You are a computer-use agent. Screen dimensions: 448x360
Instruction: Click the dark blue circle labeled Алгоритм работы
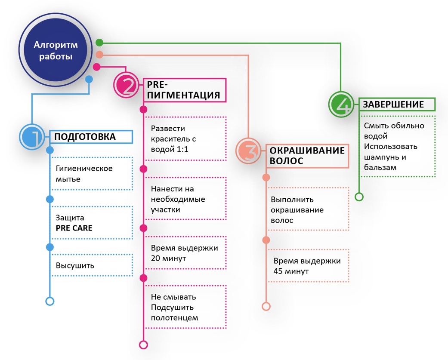click(x=56, y=50)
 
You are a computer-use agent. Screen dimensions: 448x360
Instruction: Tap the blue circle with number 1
click(x=32, y=137)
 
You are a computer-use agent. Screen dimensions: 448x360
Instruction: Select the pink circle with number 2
click(x=127, y=85)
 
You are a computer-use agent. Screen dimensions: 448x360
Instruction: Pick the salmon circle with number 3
click(x=249, y=151)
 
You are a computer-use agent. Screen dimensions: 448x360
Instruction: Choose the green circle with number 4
click(x=341, y=104)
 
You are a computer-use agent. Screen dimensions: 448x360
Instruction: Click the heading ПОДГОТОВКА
click(x=85, y=137)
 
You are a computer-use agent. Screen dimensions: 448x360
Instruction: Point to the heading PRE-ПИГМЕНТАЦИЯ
click(x=183, y=90)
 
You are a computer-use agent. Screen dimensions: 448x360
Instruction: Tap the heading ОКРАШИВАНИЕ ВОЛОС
click(x=307, y=156)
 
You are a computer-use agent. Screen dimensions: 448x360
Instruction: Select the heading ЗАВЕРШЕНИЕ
click(x=393, y=105)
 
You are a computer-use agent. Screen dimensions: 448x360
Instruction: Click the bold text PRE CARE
click(x=74, y=228)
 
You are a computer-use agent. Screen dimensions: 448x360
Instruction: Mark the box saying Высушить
click(x=91, y=265)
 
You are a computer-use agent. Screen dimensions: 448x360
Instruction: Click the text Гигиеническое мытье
click(x=84, y=174)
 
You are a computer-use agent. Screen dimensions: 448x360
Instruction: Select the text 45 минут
click(x=291, y=271)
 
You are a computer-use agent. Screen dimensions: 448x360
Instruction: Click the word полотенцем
click(x=174, y=318)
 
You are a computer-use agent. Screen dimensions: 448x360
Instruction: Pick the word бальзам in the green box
click(x=380, y=167)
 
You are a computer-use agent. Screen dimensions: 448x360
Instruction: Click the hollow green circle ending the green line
click(x=359, y=197)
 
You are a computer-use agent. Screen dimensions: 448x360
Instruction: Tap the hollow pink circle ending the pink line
click(x=143, y=345)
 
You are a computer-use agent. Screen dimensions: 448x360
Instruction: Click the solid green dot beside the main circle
click(x=99, y=43)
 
